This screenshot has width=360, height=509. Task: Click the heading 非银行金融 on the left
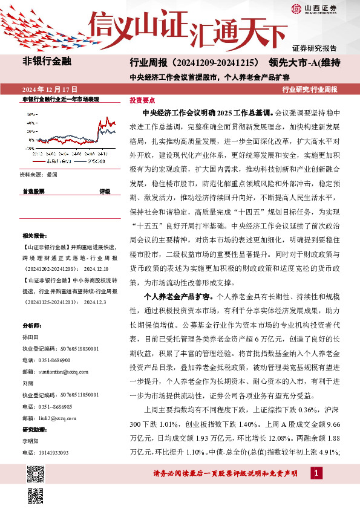[47, 62]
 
